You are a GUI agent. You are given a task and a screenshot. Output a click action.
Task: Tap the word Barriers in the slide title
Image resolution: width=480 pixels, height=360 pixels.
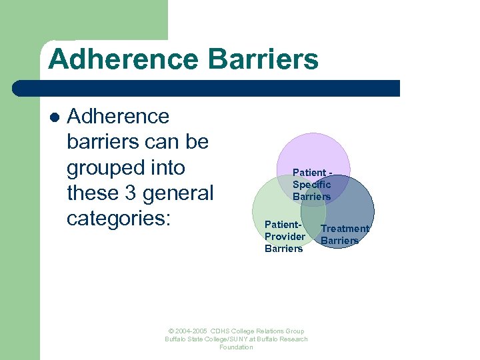tap(263, 59)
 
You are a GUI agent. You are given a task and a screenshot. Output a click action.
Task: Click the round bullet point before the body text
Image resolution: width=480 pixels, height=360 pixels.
tap(55, 117)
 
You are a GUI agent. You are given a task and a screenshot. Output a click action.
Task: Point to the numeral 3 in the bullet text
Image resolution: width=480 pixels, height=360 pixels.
tap(127, 193)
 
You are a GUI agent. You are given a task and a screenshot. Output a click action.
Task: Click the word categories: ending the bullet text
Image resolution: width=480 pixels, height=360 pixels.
tap(118, 218)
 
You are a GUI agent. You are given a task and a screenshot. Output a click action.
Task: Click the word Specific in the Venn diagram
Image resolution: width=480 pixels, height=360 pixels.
tap(311, 185)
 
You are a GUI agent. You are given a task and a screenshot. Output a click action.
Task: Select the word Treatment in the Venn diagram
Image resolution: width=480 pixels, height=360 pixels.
tap(345, 229)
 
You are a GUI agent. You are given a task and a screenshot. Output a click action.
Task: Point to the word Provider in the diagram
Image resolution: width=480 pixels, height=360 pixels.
tap(285, 237)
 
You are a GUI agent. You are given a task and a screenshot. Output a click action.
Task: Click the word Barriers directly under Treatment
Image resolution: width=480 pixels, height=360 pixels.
tap(340, 241)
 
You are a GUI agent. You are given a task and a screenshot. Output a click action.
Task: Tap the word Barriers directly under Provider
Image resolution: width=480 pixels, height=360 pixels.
tap(283, 249)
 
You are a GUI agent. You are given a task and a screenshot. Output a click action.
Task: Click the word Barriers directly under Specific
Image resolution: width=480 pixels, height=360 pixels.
tap(311, 197)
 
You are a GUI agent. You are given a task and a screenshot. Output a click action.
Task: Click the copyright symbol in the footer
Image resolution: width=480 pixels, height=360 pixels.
tap(171, 331)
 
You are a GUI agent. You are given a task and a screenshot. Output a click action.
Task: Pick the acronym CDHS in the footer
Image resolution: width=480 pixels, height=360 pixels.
tap(220, 331)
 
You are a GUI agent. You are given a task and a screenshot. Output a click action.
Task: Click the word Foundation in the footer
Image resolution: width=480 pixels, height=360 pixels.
tap(236, 347)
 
